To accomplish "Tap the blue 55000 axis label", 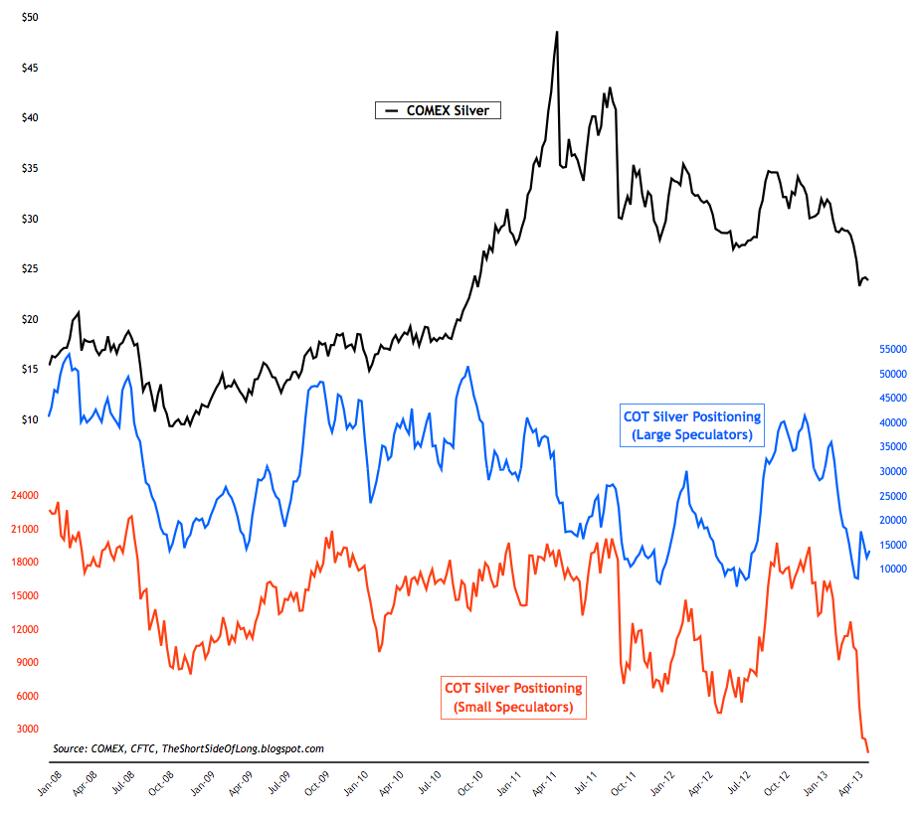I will tap(890, 350).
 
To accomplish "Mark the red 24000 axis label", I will tap(26, 495).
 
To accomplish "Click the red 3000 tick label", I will tap(29, 729).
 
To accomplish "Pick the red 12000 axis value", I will tap(26, 628).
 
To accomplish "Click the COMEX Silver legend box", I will tap(437, 110).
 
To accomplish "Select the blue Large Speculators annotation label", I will tap(691, 425).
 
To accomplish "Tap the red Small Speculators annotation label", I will tap(512, 698).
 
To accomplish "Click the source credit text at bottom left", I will tap(188, 748).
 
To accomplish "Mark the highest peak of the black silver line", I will tap(557, 31).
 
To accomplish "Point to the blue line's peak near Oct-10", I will tap(467, 367).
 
